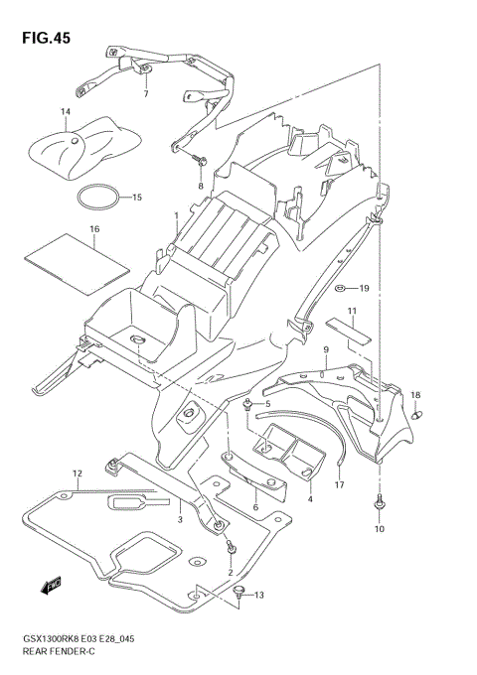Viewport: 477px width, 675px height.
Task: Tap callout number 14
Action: pos(66,112)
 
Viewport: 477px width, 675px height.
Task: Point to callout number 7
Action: pos(145,93)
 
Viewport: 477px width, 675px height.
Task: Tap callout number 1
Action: pos(176,214)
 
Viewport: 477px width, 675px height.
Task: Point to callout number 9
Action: pos(325,349)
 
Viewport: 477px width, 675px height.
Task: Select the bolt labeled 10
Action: pos(379,504)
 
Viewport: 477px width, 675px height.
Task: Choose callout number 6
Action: pos(255,507)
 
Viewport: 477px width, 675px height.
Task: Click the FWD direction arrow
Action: pos(52,589)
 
